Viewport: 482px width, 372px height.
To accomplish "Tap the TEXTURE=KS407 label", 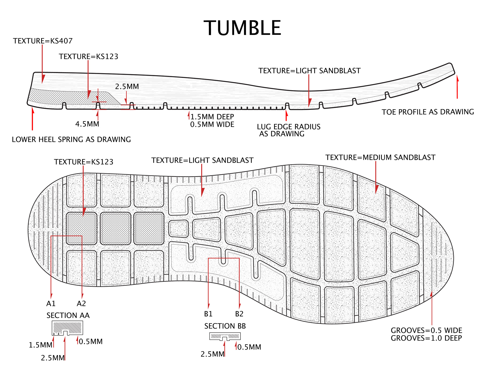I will (x=43, y=41).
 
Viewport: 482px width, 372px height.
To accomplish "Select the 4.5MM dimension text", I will (x=87, y=124).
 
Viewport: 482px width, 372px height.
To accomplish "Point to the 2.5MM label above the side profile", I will (x=127, y=86).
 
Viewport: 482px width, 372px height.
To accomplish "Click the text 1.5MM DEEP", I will (x=212, y=117).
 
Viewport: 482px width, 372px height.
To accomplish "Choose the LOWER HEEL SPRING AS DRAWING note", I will (x=71, y=139).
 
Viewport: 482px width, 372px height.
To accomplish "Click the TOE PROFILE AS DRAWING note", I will (x=428, y=112).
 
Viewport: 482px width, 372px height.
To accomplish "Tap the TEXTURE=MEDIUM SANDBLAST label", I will (x=380, y=157).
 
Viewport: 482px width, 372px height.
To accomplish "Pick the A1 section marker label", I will (x=51, y=304).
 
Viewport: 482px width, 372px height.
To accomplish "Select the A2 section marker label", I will (x=81, y=304).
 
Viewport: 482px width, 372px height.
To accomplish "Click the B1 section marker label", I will (x=208, y=314).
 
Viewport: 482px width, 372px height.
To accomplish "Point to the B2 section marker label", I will (x=239, y=314).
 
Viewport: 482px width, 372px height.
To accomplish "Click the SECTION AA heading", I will (x=68, y=315).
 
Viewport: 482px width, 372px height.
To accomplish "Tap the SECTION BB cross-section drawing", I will (x=225, y=336).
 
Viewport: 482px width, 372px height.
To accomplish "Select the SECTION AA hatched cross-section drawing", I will (x=67, y=328).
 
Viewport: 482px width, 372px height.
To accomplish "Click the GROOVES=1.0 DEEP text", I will (x=426, y=338).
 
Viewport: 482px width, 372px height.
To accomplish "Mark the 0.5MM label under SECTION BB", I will (x=249, y=347).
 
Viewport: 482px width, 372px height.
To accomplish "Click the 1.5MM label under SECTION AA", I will (x=40, y=345).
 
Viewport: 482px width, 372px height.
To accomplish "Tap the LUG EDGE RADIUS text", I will (x=289, y=127).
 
